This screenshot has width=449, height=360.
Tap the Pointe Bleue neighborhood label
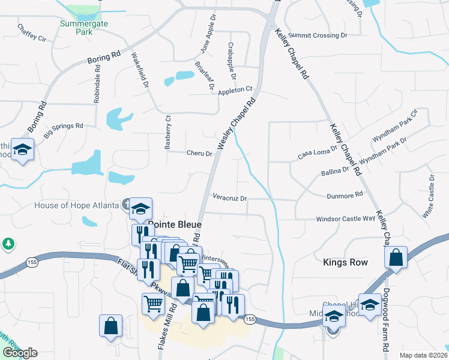(x=174, y=224)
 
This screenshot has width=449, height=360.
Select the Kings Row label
(x=345, y=262)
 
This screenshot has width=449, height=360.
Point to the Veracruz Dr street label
(x=230, y=197)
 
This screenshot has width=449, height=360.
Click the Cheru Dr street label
(x=200, y=154)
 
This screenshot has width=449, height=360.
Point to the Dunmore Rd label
(x=345, y=194)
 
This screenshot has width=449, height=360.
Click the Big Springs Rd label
(x=62, y=127)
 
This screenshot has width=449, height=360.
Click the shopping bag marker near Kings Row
(x=396, y=257)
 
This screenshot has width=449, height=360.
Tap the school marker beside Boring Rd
(x=22, y=149)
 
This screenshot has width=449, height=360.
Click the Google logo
(x=19, y=353)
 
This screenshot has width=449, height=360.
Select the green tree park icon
(x=8, y=244)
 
